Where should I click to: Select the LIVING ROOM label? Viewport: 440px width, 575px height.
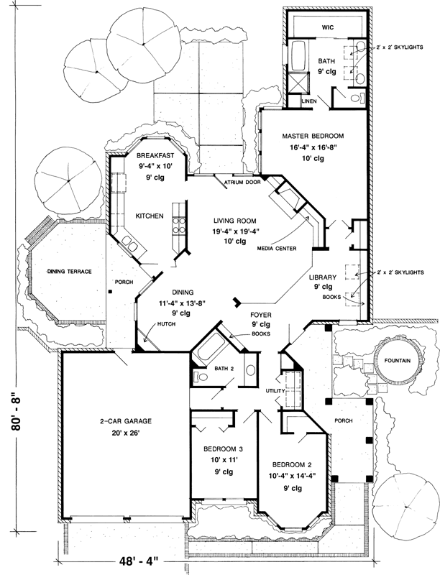tap(236, 221)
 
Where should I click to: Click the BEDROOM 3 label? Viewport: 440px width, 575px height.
tap(216, 448)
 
